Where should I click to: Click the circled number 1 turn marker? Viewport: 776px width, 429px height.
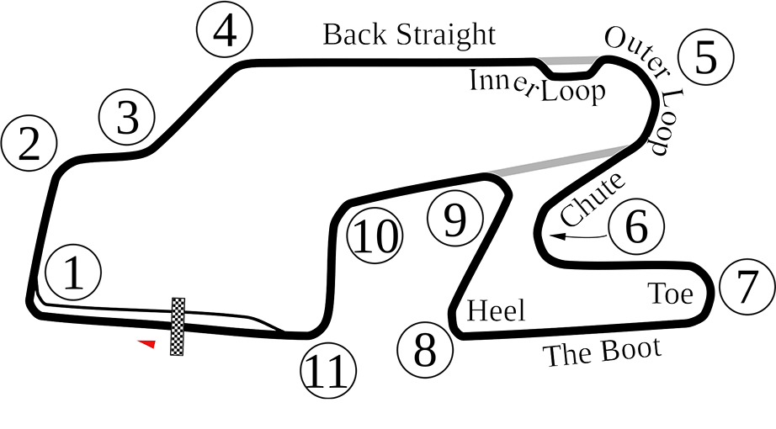point(73,272)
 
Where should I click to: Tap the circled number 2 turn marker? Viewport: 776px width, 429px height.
point(29,143)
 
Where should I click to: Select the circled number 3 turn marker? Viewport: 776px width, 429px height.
point(127,117)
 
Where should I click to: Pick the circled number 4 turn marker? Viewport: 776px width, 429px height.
point(225,29)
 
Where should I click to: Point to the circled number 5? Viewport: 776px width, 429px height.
point(706,57)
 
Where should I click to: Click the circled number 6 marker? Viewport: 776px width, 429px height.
point(636,226)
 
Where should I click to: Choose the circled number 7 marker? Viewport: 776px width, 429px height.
point(747,287)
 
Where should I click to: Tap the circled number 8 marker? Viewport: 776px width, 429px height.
point(425,349)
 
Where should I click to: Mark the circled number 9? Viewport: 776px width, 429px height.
point(454,218)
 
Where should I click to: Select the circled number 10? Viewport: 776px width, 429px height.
point(375,236)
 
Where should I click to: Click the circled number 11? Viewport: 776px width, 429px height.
point(329,369)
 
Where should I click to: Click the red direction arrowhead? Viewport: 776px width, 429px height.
point(147,343)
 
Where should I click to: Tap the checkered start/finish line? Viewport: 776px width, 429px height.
point(178,326)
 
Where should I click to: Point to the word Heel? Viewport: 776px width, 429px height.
point(496,311)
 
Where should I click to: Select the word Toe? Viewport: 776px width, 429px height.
point(671,294)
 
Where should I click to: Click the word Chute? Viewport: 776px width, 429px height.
point(593,199)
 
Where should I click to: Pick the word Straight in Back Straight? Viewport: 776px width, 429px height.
point(446,35)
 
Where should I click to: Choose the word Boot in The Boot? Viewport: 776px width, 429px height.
point(631,350)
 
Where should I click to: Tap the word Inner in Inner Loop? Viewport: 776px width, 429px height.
point(503,83)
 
